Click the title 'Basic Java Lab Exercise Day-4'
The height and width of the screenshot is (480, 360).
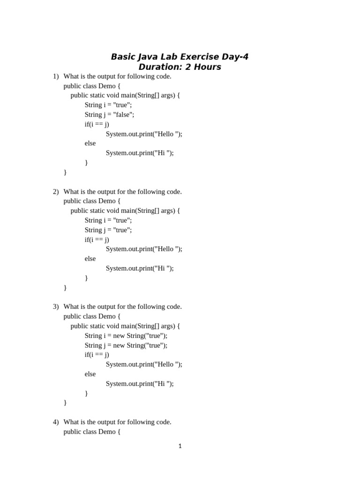coord(180,57)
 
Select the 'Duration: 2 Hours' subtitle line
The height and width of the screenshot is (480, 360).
coord(180,67)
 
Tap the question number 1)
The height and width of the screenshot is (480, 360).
coord(56,76)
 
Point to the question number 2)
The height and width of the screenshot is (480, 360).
coord(56,192)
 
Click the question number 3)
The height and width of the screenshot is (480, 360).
coord(56,307)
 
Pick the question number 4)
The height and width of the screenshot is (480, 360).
coord(56,422)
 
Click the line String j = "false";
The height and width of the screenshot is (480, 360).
coord(109,114)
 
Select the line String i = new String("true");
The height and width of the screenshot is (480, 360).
coord(126,336)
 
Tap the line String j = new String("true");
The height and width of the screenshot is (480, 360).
coord(126,345)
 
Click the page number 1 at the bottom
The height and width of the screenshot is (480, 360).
coord(180,446)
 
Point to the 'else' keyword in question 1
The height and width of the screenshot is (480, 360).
coord(90,143)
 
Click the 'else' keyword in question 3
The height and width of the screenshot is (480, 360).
coord(90,374)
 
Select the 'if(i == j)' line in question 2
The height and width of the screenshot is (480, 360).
coord(97,240)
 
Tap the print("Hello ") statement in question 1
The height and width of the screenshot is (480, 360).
coord(144,134)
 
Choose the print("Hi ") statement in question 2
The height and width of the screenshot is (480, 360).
coord(140,268)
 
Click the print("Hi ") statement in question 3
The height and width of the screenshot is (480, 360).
coord(140,383)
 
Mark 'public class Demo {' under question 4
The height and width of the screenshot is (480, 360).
coord(92,432)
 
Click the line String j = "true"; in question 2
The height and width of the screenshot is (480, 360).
coord(108,230)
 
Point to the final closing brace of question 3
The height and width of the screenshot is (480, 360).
coord(65,403)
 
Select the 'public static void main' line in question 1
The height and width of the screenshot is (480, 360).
coord(125,95)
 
